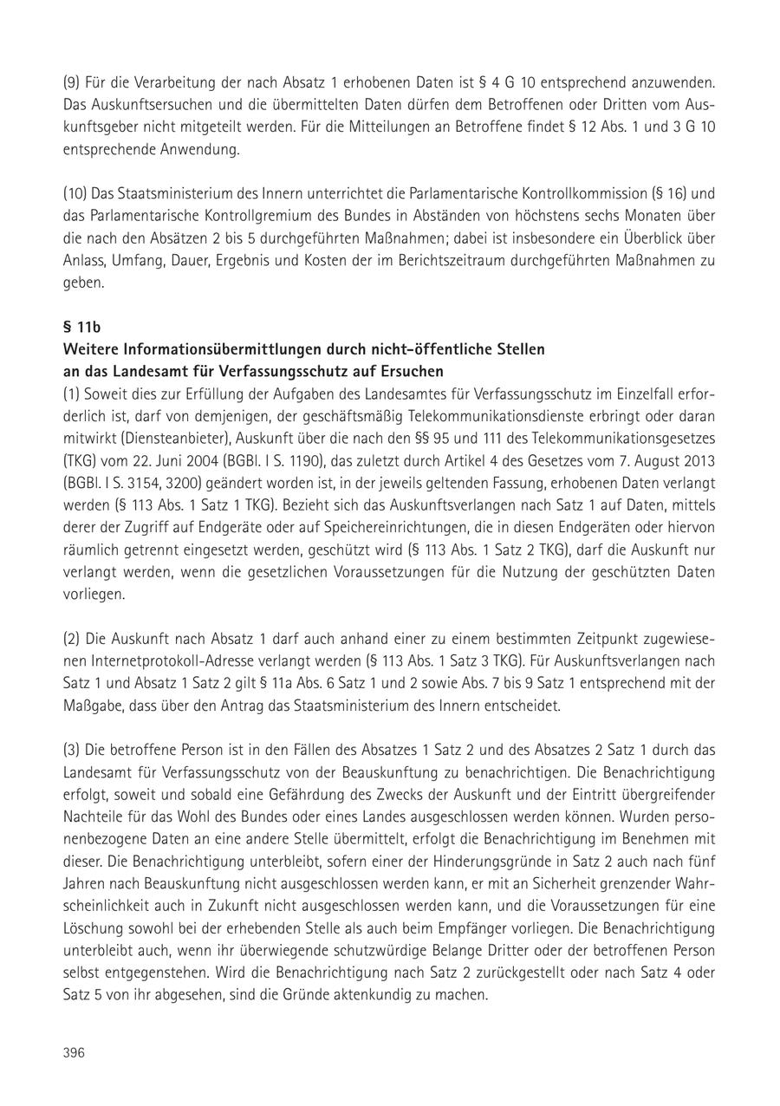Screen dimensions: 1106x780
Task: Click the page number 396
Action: [73, 1052]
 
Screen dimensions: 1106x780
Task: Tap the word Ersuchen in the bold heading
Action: [413, 372]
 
